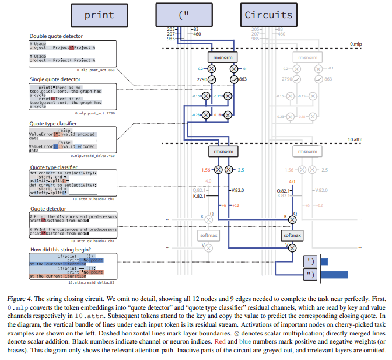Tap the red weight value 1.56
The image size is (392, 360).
tap(205, 170)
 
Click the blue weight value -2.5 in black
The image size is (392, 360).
tap(242, 170)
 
